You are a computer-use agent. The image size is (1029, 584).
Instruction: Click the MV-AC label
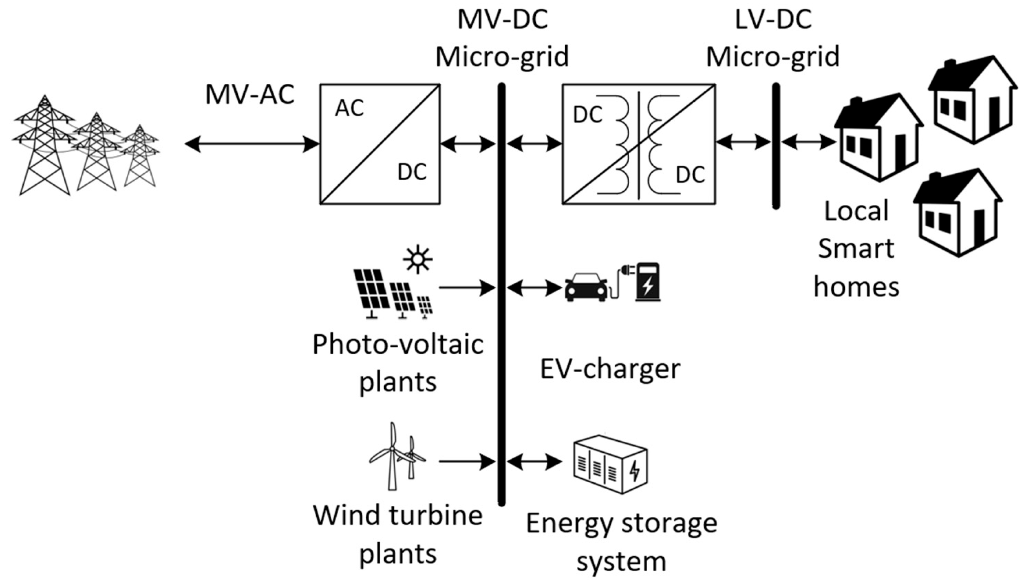tap(250, 95)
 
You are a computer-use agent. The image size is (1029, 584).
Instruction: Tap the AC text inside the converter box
tap(349, 108)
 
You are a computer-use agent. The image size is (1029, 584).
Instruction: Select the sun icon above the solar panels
tap(418, 259)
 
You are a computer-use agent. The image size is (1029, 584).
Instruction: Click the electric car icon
tap(586, 287)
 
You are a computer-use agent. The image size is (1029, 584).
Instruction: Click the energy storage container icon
tap(610, 464)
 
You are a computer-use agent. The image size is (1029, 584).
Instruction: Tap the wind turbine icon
tap(396, 456)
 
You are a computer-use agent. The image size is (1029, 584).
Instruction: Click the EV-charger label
tap(610, 369)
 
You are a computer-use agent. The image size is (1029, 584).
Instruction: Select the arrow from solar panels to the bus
tap(467, 287)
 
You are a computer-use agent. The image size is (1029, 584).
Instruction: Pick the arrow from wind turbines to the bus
tap(467, 461)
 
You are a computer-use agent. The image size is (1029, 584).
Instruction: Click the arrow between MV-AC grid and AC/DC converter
tap(252, 144)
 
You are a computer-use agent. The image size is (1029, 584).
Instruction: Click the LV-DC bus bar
tap(776, 146)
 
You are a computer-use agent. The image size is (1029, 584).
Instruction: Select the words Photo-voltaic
tap(398, 344)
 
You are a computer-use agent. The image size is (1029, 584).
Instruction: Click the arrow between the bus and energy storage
tap(535, 461)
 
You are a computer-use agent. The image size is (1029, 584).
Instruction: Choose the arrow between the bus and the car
tap(535, 287)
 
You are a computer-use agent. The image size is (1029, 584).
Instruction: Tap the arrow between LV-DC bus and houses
tap(808, 142)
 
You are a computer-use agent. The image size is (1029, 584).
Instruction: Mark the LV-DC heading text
tap(773, 20)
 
